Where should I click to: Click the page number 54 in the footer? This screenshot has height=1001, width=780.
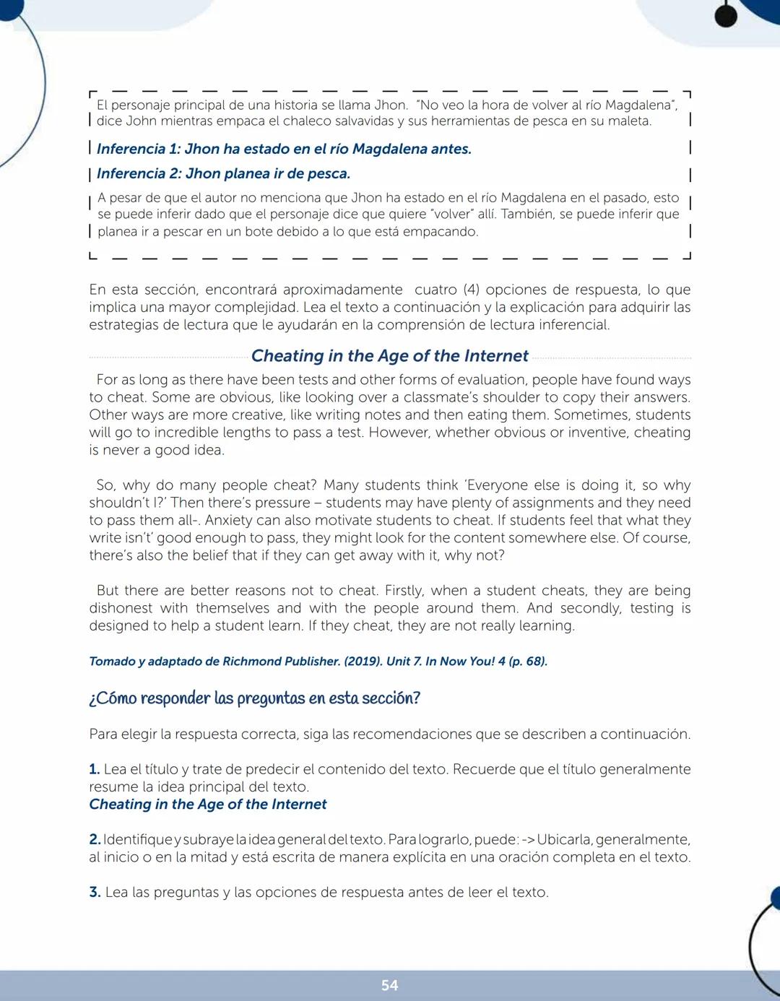pyautogui.click(x=389, y=985)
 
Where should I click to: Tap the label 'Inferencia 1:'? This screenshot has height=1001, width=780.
pyautogui.click(x=138, y=149)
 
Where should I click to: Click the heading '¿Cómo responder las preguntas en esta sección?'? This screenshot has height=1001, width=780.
pyautogui.click(x=254, y=698)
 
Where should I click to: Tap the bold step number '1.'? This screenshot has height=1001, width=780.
pyautogui.click(x=95, y=769)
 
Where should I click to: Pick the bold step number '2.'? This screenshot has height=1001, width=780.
pyautogui.click(x=95, y=839)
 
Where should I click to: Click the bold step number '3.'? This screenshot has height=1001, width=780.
pyautogui.click(x=95, y=892)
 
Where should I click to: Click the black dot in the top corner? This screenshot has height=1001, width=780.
pyautogui.click(x=726, y=16)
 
